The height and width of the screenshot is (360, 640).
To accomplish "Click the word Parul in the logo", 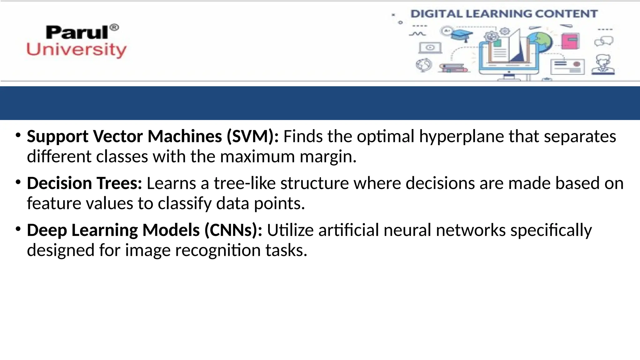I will coord(77,32).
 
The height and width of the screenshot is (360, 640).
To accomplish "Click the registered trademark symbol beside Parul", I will coord(114,27).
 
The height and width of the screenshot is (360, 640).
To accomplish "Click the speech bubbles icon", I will coord(604,41).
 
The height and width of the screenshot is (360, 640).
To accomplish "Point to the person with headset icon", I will coord(603,65).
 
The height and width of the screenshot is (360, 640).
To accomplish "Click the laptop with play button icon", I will coord(430,48).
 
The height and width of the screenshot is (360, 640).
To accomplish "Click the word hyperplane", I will coord(462,137).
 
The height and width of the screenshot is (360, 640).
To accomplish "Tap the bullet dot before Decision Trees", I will coord(18,182).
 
